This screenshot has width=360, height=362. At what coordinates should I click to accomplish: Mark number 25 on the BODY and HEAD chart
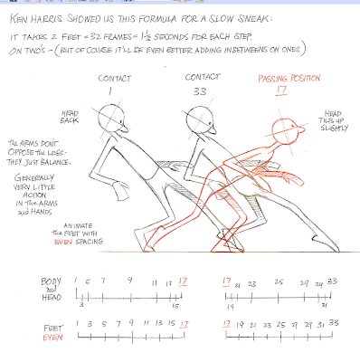click(278, 282)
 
